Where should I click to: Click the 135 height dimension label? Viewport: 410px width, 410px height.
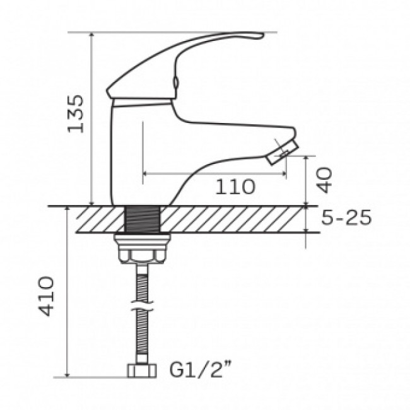point(76,114)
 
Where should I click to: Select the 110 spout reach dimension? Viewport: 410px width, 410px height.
point(235,187)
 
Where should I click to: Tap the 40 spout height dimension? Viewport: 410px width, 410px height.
point(324,180)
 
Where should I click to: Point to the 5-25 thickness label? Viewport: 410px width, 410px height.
point(346,217)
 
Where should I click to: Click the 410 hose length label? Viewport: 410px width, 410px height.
point(46,296)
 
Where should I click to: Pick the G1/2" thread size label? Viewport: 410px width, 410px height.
point(201,370)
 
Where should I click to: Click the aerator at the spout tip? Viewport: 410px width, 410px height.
point(282,152)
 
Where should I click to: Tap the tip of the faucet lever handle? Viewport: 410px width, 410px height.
point(262,34)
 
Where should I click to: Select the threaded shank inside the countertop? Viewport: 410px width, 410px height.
point(143,219)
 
